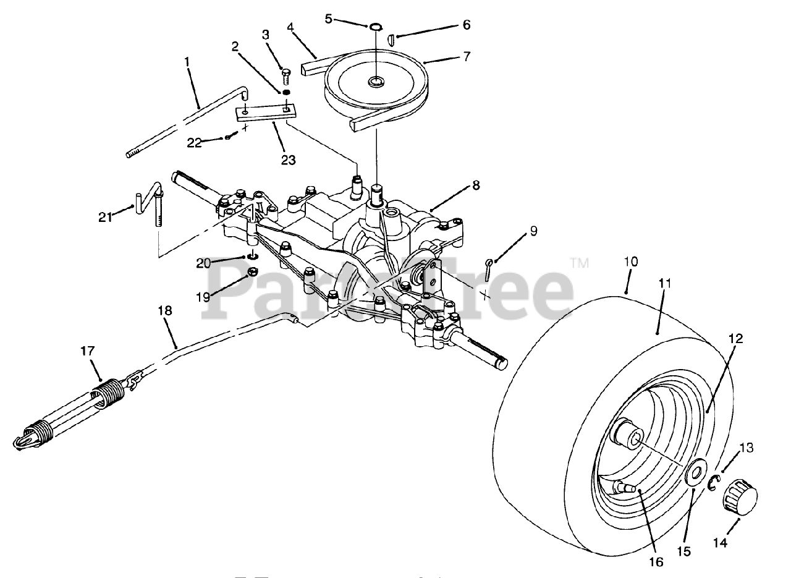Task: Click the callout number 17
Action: pyautogui.click(x=88, y=351)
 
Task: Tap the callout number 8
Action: pyautogui.click(x=475, y=185)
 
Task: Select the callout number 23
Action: pyautogui.click(x=288, y=160)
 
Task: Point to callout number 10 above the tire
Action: pyautogui.click(x=630, y=261)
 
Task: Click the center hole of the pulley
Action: pyautogui.click(x=375, y=82)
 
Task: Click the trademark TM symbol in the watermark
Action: pyautogui.click(x=580, y=263)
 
